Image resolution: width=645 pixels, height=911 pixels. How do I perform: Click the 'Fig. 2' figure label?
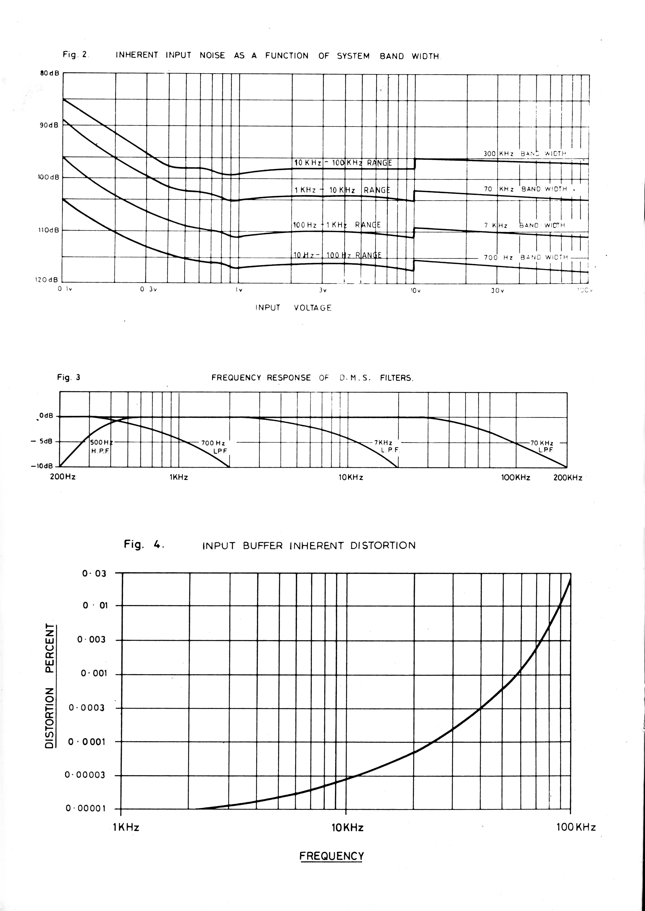(75, 55)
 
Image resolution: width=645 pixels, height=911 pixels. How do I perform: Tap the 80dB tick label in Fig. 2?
(49, 74)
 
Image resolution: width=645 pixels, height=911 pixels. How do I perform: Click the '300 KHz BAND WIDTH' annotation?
(524, 153)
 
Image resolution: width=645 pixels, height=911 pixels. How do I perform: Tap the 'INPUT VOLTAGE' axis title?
(293, 308)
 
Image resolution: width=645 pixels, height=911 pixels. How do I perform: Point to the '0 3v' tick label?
(148, 290)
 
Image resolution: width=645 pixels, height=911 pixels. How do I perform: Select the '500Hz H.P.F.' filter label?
(101, 446)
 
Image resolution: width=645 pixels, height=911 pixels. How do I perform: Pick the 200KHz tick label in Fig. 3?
(567, 478)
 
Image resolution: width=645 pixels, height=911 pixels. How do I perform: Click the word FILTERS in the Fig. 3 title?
(396, 378)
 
